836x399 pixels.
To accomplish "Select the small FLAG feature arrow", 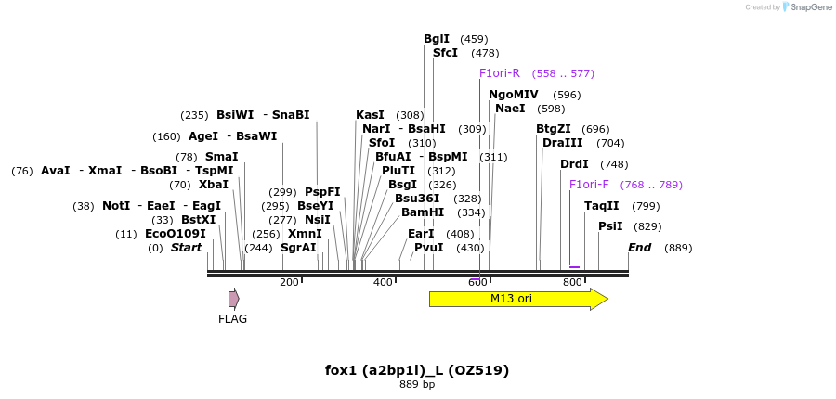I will [x=234, y=299].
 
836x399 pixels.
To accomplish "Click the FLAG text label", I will [x=233, y=319].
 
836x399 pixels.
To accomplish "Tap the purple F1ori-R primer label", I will [x=500, y=73].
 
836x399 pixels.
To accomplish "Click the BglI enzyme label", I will [x=437, y=39].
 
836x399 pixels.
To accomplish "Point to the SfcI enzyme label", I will [x=445, y=53].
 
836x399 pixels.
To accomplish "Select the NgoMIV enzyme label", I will [x=513, y=95].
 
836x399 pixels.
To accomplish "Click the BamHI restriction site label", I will [x=423, y=212].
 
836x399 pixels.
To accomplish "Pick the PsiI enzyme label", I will [x=610, y=226].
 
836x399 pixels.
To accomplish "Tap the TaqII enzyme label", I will [x=601, y=206].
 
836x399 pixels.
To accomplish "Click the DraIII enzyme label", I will [x=563, y=143].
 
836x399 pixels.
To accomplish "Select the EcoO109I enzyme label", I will [x=176, y=234].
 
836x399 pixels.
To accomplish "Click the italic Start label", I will [x=186, y=248].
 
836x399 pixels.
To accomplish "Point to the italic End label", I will [x=639, y=248].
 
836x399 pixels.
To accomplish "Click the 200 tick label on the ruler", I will [x=289, y=282].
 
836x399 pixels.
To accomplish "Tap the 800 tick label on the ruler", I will [x=572, y=282].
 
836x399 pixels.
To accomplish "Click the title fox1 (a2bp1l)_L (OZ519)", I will [x=417, y=370].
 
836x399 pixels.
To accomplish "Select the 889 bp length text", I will [x=417, y=384].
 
